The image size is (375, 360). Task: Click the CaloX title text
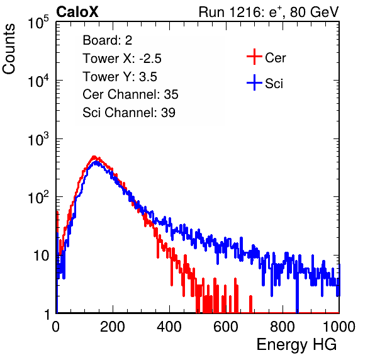(x=77, y=12)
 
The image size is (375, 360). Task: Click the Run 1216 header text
(x=269, y=12)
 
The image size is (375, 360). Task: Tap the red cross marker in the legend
(x=254, y=57)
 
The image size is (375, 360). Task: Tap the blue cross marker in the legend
(x=254, y=82)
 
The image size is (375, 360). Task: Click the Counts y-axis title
(x=9, y=49)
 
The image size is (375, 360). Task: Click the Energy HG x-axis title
(x=296, y=345)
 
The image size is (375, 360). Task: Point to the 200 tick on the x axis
(x=113, y=327)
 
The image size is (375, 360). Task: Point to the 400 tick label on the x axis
(x=169, y=327)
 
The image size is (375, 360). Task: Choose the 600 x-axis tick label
(x=226, y=327)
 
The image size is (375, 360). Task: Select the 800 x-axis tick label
(x=283, y=327)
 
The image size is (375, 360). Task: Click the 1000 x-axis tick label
(x=339, y=327)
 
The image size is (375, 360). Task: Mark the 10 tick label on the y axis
(x=42, y=256)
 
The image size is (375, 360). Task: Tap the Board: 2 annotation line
(x=108, y=40)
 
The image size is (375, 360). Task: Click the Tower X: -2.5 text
(x=122, y=59)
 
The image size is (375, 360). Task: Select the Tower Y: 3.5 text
(x=120, y=77)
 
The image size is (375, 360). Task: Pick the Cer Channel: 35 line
(x=130, y=94)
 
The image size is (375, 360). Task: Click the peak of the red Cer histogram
(x=94, y=157)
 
